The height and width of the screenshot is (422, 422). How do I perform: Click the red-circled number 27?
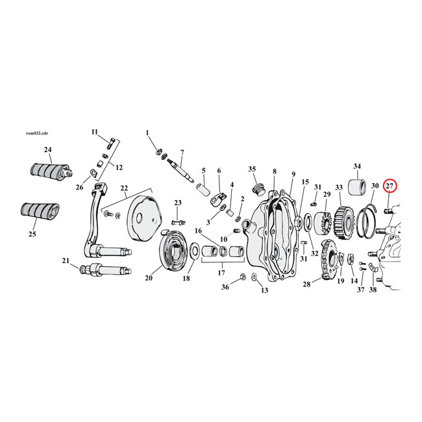pyautogui.click(x=390, y=186)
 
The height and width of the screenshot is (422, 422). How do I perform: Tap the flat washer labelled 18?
pyautogui.click(x=194, y=266)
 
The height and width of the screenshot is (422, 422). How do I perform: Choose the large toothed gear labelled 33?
pyautogui.click(x=344, y=223)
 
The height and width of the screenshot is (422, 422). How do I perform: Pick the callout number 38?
pyautogui.click(x=373, y=290)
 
